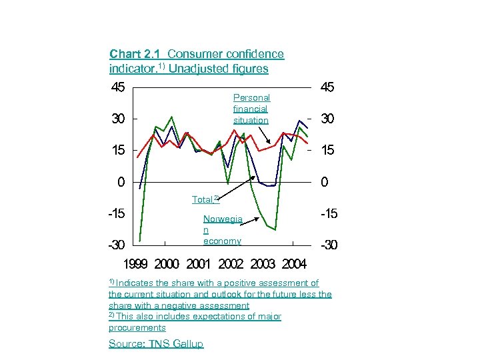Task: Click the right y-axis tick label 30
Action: coord(328,119)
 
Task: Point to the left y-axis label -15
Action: coord(117,213)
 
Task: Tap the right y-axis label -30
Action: coord(329,245)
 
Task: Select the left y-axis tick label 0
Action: coord(120,182)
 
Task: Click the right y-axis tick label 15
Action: coord(328,151)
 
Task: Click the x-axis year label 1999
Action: coord(136,265)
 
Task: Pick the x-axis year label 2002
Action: coord(231,265)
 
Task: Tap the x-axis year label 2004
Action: coord(293,265)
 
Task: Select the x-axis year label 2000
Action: coord(167,265)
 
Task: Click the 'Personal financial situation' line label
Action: coord(251,109)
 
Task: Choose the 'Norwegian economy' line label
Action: coord(222,229)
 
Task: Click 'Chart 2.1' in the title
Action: coord(136,54)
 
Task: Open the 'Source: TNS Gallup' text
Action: coord(156,343)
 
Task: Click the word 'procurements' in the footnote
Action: coord(137,327)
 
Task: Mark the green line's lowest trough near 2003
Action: coord(275,230)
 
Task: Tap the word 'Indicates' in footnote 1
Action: coord(137,283)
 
